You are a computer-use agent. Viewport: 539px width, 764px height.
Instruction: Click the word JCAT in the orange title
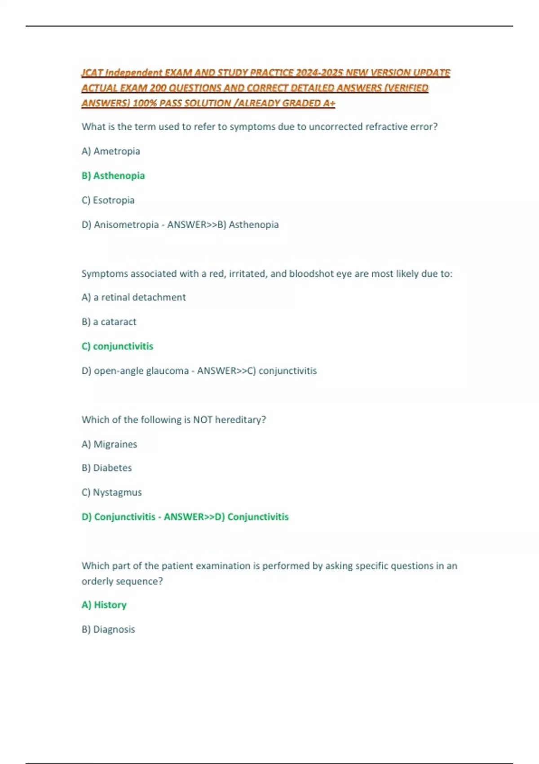(x=92, y=73)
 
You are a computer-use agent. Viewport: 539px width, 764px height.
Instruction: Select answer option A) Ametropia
(x=110, y=151)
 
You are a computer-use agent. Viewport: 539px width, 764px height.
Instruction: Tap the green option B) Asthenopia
(x=113, y=176)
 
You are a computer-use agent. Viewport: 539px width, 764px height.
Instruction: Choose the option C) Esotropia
(x=108, y=200)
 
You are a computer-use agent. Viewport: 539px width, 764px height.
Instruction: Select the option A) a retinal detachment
(x=133, y=298)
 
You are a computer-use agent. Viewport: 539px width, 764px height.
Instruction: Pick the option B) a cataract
(x=109, y=322)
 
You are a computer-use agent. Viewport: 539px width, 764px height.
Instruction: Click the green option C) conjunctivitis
(x=117, y=346)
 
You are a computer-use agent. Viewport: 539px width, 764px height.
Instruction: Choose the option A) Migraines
(x=109, y=444)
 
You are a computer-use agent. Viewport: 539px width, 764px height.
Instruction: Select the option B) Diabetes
(x=106, y=468)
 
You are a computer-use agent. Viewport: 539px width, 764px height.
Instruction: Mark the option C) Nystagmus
(x=111, y=493)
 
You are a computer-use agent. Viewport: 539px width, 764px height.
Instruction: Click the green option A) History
(x=104, y=605)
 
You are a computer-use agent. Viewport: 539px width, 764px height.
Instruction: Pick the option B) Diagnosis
(x=108, y=629)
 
